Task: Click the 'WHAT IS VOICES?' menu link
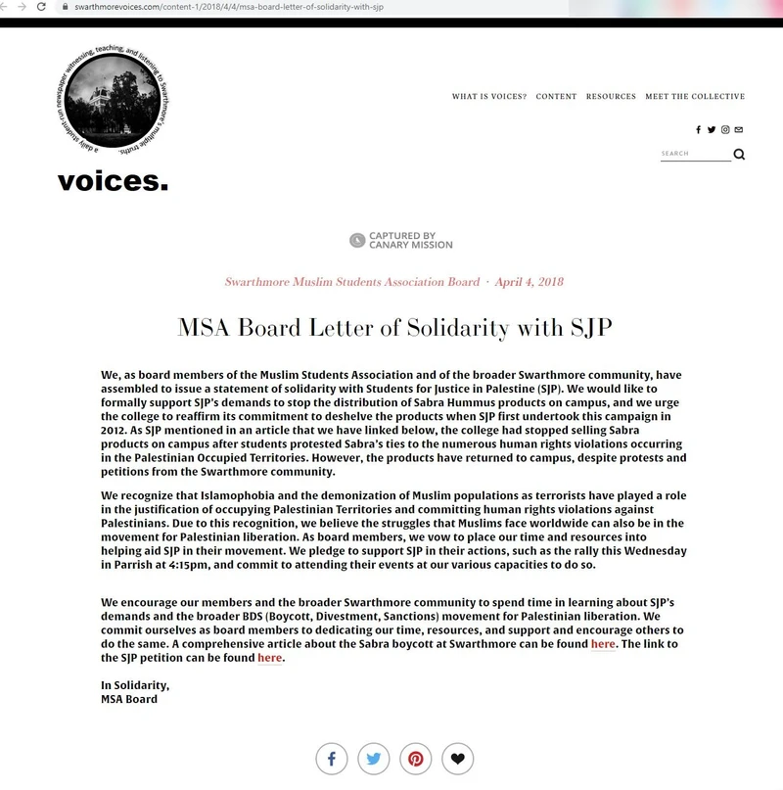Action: coord(488,97)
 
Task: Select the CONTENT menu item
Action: coord(556,97)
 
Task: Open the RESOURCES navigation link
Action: coord(611,97)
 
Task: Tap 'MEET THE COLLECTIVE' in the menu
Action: coord(695,97)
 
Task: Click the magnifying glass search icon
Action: coord(739,154)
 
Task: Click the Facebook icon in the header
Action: coord(698,130)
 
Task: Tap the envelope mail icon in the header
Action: coord(739,130)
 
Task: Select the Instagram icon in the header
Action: coord(725,130)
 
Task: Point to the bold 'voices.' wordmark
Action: coord(113,181)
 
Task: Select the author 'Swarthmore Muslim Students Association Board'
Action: coord(351,282)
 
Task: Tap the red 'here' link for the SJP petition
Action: coord(269,658)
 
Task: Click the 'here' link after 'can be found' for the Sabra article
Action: coord(603,644)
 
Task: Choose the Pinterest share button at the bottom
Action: coord(416,759)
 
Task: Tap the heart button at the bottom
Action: coord(458,759)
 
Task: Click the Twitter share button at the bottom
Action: coord(374,759)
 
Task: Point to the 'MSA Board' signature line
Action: coord(129,699)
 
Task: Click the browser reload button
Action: coord(39,7)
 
